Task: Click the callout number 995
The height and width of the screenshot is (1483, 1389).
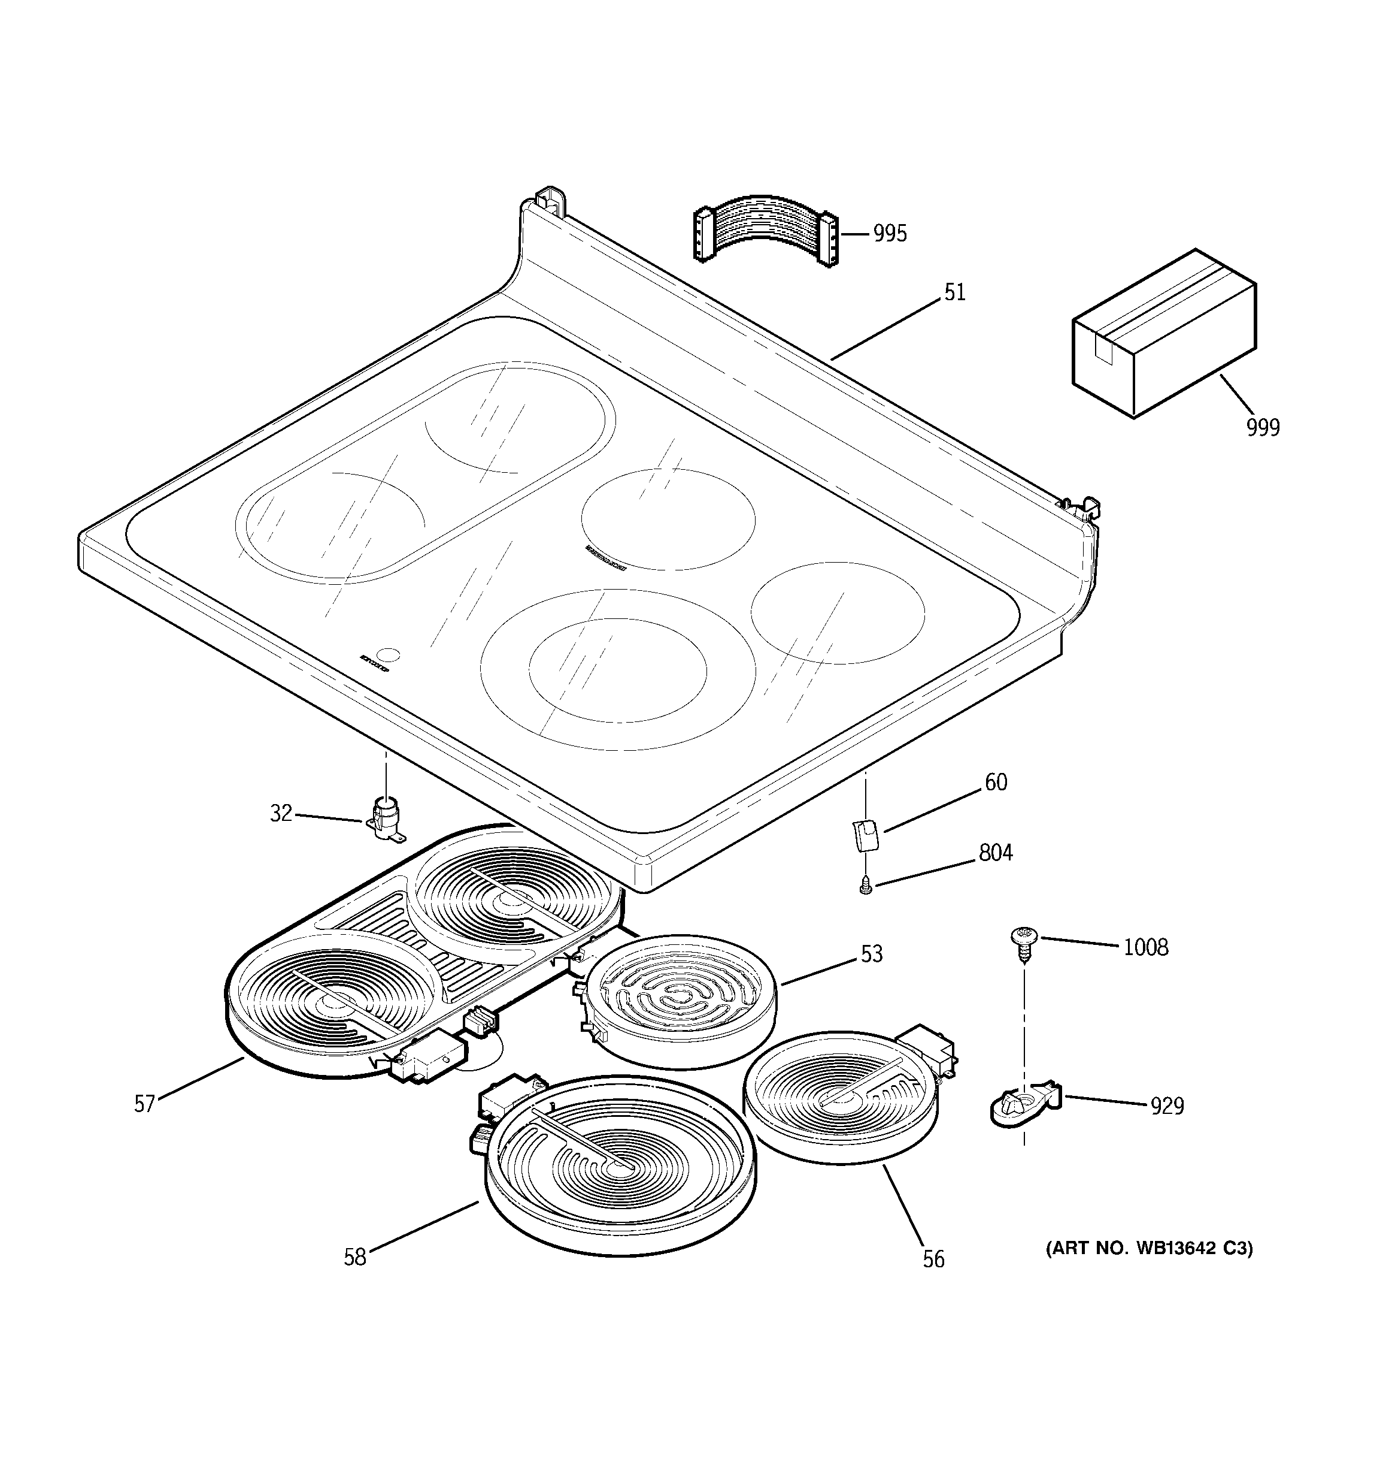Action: pos(890,234)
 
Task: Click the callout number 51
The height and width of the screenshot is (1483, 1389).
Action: pos(954,292)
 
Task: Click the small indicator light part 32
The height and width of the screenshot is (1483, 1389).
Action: pos(386,820)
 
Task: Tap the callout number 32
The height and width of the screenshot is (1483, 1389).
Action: pos(280,814)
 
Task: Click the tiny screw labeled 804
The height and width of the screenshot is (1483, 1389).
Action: pos(866,886)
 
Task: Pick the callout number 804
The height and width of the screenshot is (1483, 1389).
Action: pos(995,853)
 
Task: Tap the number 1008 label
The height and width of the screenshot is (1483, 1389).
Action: pos(1145,947)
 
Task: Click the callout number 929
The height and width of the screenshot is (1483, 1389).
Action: pos(1167,1106)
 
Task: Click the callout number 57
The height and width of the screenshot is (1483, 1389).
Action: pos(145,1104)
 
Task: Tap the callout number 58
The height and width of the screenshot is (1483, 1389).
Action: pos(355,1258)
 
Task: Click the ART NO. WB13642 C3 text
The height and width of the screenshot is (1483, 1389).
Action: pos(1149,1249)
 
